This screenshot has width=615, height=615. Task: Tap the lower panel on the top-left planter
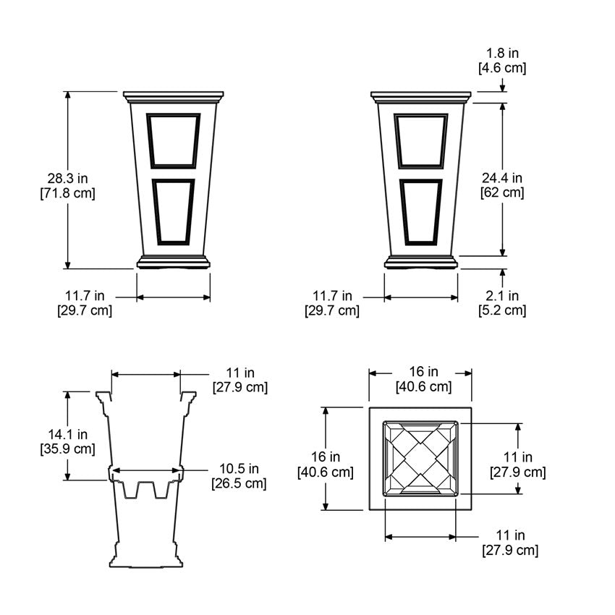pyautogui.click(x=173, y=210)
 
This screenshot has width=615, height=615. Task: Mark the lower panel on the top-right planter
pyautogui.click(x=420, y=210)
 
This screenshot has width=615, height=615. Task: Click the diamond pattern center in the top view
pyautogui.click(x=420, y=458)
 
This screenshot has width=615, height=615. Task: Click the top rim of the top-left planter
pyautogui.click(x=173, y=96)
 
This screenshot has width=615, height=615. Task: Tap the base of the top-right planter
pyautogui.click(x=421, y=262)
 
